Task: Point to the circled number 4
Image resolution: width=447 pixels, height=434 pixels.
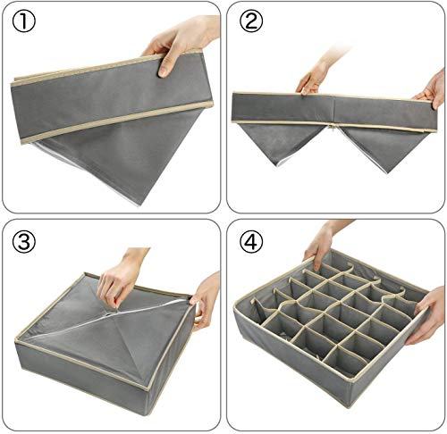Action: point(249,241)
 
